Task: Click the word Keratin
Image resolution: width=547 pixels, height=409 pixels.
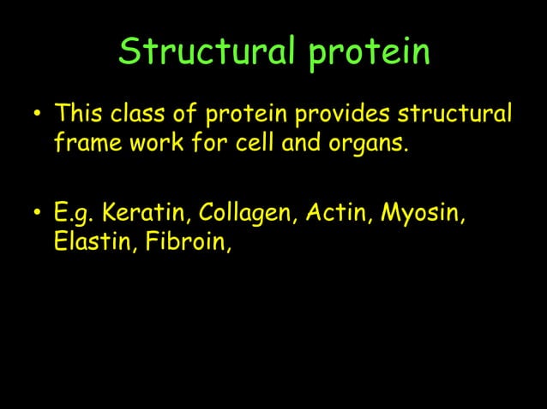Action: (x=138, y=212)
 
